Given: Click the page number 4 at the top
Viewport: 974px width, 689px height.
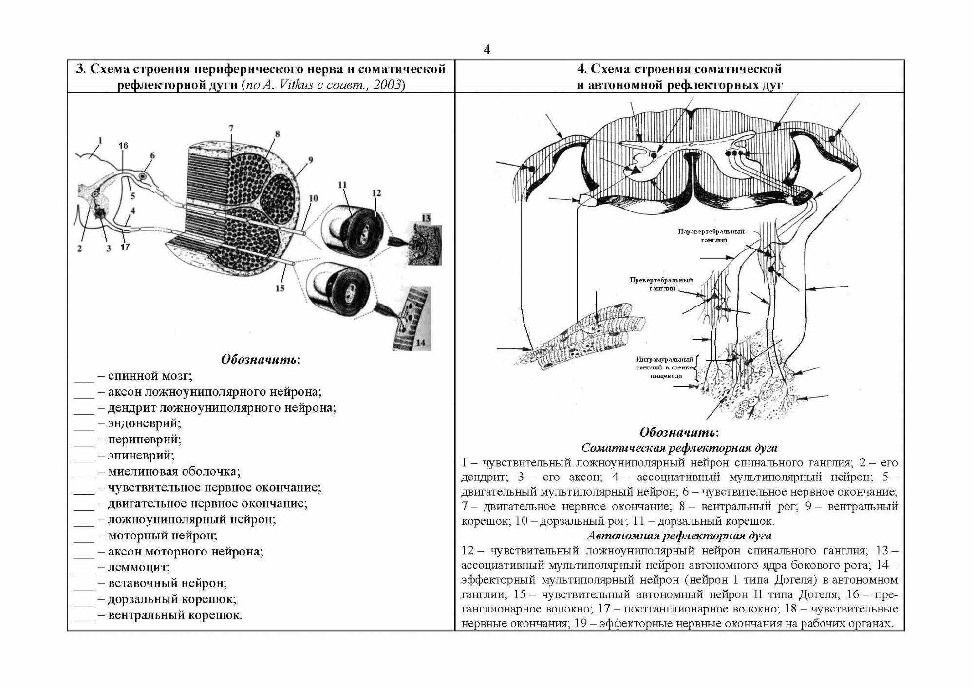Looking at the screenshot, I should (x=487, y=50).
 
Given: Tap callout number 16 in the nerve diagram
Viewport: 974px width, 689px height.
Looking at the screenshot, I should (x=123, y=145).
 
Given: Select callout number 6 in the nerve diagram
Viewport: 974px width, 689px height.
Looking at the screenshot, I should (x=152, y=156).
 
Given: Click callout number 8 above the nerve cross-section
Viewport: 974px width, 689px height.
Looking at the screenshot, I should (x=277, y=134).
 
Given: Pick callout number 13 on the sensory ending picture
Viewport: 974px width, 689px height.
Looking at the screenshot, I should (x=426, y=218).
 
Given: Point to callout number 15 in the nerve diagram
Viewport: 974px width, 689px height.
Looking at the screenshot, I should (x=280, y=288).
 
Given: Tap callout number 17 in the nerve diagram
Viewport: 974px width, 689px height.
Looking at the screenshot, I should (x=125, y=247).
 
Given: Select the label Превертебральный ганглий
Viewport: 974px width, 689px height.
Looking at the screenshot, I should (x=661, y=284).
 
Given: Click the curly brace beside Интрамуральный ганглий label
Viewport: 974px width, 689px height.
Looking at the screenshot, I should (x=697, y=368).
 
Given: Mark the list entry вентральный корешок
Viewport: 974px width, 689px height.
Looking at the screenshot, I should (x=175, y=615).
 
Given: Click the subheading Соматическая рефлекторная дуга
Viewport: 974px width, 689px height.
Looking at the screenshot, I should (x=679, y=448).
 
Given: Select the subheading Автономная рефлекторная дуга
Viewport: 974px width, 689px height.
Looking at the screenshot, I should (x=679, y=536).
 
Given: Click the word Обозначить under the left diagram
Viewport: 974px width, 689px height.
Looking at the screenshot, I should (x=260, y=360).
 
